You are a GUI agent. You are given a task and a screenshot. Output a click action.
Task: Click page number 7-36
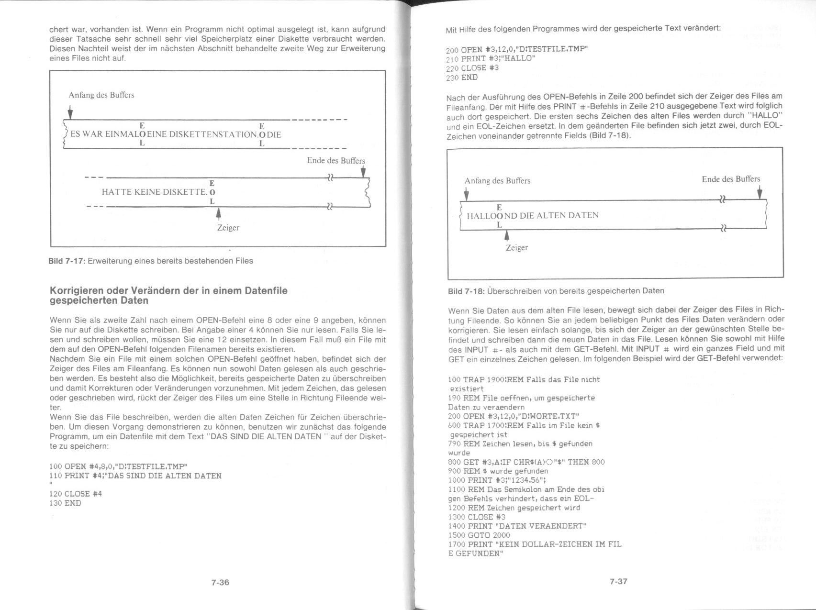point(220,582)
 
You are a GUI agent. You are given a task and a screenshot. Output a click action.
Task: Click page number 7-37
point(618,581)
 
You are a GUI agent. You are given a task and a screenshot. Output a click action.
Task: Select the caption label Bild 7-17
point(67,261)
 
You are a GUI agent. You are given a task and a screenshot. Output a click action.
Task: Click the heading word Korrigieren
point(76,291)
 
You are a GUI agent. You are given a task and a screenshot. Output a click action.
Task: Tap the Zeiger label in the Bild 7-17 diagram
point(228,228)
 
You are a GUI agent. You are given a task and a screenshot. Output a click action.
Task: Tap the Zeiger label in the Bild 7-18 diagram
point(517,247)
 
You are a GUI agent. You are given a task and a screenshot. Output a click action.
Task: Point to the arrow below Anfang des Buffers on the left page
point(70,113)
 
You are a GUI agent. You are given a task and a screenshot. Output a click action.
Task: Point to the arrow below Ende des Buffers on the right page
point(759,192)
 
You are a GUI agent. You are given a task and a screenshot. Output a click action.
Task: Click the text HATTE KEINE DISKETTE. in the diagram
point(154,192)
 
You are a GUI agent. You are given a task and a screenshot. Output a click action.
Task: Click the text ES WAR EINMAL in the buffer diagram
point(101,134)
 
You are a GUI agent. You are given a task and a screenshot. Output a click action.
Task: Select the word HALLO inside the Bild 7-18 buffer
point(481,216)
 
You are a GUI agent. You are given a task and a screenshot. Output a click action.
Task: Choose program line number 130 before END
point(56,503)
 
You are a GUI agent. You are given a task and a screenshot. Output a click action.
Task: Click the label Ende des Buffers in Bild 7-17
point(335,161)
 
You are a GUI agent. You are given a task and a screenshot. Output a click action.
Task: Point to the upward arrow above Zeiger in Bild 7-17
point(219,213)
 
